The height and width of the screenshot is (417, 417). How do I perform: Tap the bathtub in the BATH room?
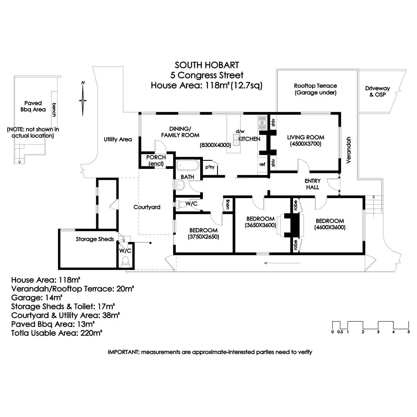187,165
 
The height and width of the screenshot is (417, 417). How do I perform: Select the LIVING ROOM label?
305,137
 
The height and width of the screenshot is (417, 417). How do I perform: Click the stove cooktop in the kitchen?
262,122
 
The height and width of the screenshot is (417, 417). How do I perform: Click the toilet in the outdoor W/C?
125,261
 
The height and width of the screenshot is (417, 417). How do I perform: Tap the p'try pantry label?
210,167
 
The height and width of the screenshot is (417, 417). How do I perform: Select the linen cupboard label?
227,204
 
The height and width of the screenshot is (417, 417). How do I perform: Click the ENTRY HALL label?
312,184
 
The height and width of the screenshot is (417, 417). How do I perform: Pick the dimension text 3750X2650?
203,237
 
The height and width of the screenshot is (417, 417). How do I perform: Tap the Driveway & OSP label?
377,91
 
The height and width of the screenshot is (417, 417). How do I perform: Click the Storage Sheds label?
95,239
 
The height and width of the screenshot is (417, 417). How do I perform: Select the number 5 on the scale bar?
409,332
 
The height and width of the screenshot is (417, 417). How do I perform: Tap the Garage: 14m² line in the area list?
37,298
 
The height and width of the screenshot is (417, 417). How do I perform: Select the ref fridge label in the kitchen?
262,164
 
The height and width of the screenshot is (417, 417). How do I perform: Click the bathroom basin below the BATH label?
180,185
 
